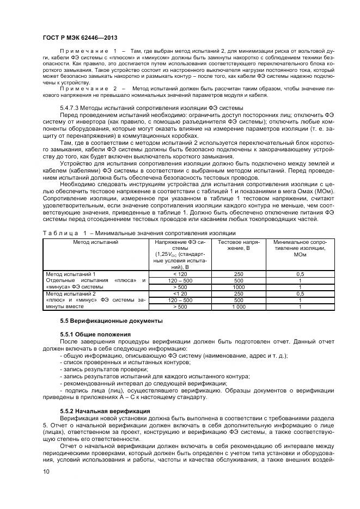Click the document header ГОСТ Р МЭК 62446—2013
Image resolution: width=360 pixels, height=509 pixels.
(x=80, y=36)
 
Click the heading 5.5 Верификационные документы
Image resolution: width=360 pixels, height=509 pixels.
(x=111, y=320)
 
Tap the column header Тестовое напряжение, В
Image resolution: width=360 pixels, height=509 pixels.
(x=238, y=244)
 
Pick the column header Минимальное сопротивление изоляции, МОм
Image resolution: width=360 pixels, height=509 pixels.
(x=299, y=248)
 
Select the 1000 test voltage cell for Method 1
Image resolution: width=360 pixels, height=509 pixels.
(x=238, y=287)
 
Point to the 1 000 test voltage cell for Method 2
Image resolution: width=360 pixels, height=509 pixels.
(x=238, y=306)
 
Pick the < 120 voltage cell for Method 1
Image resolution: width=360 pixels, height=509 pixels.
(x=179, y=274)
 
